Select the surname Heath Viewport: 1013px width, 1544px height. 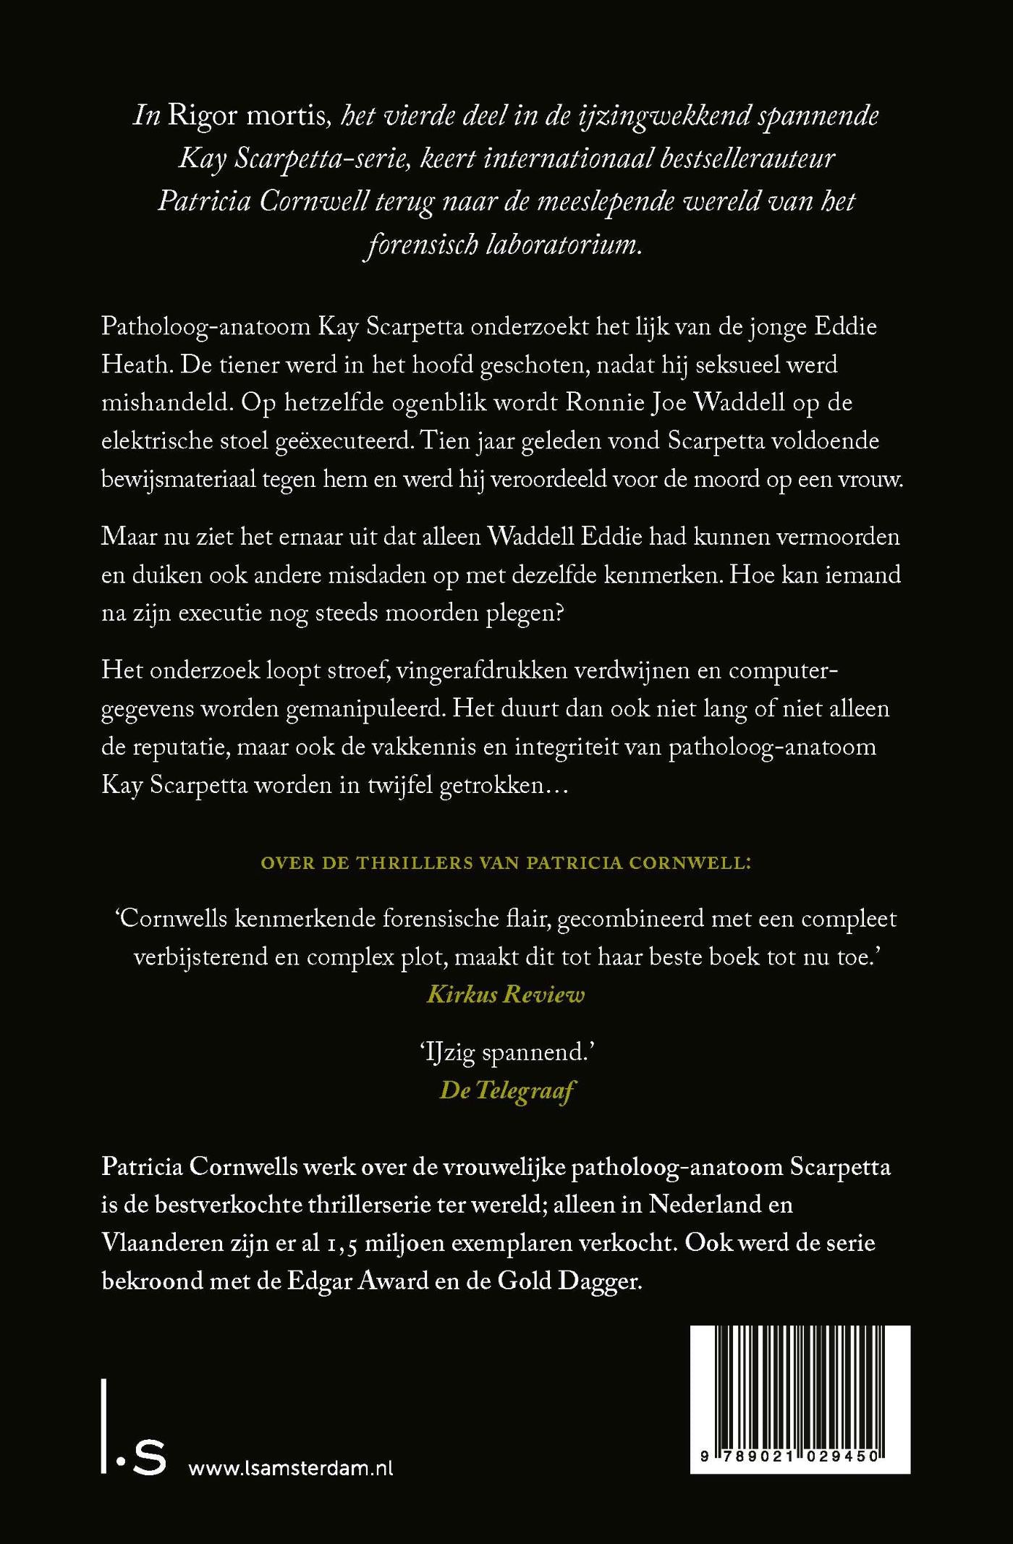pyautogui.click(x=134, y=364)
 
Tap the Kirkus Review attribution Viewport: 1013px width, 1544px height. pyautogui.click(x=505, y=995)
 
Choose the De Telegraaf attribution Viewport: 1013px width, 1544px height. pyautogui.click(x=506, y=1091)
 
